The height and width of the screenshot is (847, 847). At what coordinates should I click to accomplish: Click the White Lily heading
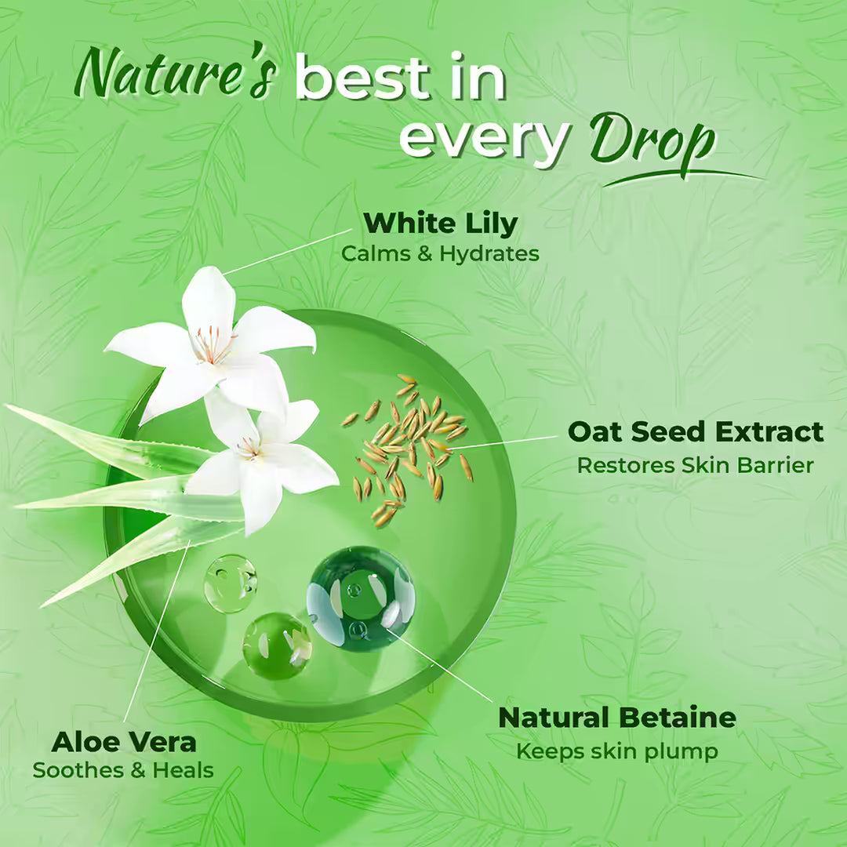tap(440, 224)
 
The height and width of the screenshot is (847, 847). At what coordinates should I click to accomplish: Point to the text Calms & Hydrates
tap(440, 254)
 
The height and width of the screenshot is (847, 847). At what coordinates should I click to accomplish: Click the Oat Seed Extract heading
tap(696, 432)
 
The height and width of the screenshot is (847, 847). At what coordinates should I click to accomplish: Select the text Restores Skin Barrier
tap(696, 465)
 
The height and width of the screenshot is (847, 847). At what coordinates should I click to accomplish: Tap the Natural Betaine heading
tap(617, 718)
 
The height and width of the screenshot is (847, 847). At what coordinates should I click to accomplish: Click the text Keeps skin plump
tap(617, 751)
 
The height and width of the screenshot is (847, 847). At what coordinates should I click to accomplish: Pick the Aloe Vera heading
tap(124, 741)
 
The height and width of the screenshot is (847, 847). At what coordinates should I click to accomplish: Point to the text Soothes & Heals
tap(123, 770)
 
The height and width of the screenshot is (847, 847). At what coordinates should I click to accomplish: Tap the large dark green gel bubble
tap(361, 598)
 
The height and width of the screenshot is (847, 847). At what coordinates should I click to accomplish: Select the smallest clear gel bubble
tap(231, 583)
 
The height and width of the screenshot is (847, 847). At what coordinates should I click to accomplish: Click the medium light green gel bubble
tap(277, 645)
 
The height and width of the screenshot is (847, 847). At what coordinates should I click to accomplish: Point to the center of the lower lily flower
tap(249, 449)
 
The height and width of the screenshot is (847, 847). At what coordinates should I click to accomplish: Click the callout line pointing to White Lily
tap(286, 251)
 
